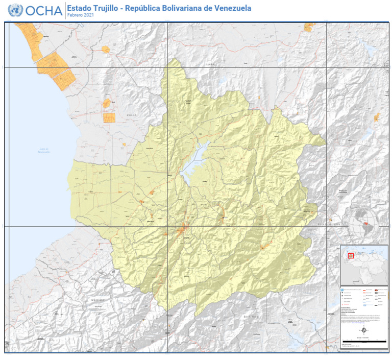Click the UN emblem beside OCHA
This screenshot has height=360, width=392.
15,10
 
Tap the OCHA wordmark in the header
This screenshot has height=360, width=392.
44,11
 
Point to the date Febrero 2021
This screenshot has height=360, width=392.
81,16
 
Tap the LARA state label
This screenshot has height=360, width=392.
211,65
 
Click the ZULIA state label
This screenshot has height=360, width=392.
119,115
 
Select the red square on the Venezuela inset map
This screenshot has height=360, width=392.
351,256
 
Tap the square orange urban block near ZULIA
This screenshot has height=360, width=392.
109,117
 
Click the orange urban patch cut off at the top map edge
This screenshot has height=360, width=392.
309,27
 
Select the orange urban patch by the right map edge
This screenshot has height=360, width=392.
377,117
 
